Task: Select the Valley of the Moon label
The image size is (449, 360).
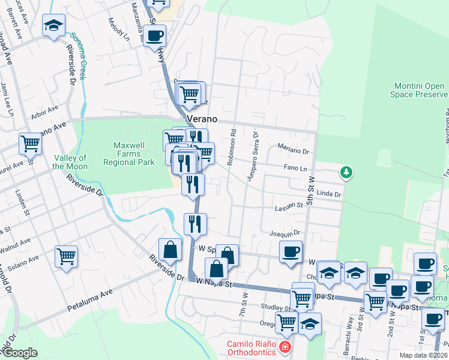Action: click(x=70, y=162)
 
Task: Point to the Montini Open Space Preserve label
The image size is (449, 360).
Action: click(x=421, y=91)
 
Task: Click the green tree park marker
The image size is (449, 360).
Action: click(x=346, y=173)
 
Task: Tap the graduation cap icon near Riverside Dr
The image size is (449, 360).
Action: click(x=54, y=26)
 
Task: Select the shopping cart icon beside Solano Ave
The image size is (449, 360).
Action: click(x=67, y=256)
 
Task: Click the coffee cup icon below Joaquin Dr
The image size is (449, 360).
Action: click(x=291, y=251)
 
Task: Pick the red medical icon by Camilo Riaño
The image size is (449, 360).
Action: click(x=285, y=347)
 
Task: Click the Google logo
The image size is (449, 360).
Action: click(x=19, y=353)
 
